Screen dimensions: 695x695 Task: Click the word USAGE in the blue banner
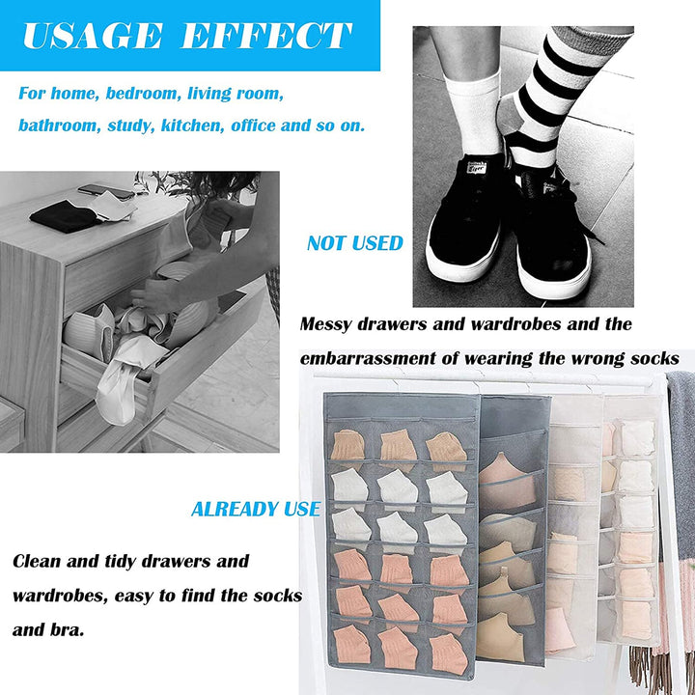pos(93,36)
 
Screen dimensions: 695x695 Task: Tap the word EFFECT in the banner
pos(266,36)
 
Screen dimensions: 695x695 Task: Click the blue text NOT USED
pos(355,243)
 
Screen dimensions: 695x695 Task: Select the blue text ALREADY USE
pos(256,510)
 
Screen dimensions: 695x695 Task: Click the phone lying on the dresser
pos(106,191)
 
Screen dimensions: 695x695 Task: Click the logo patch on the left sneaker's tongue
pos(478,168)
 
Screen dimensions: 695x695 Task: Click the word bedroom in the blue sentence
pos(141,94)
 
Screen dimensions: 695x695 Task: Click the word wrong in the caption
pos(598,359)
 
